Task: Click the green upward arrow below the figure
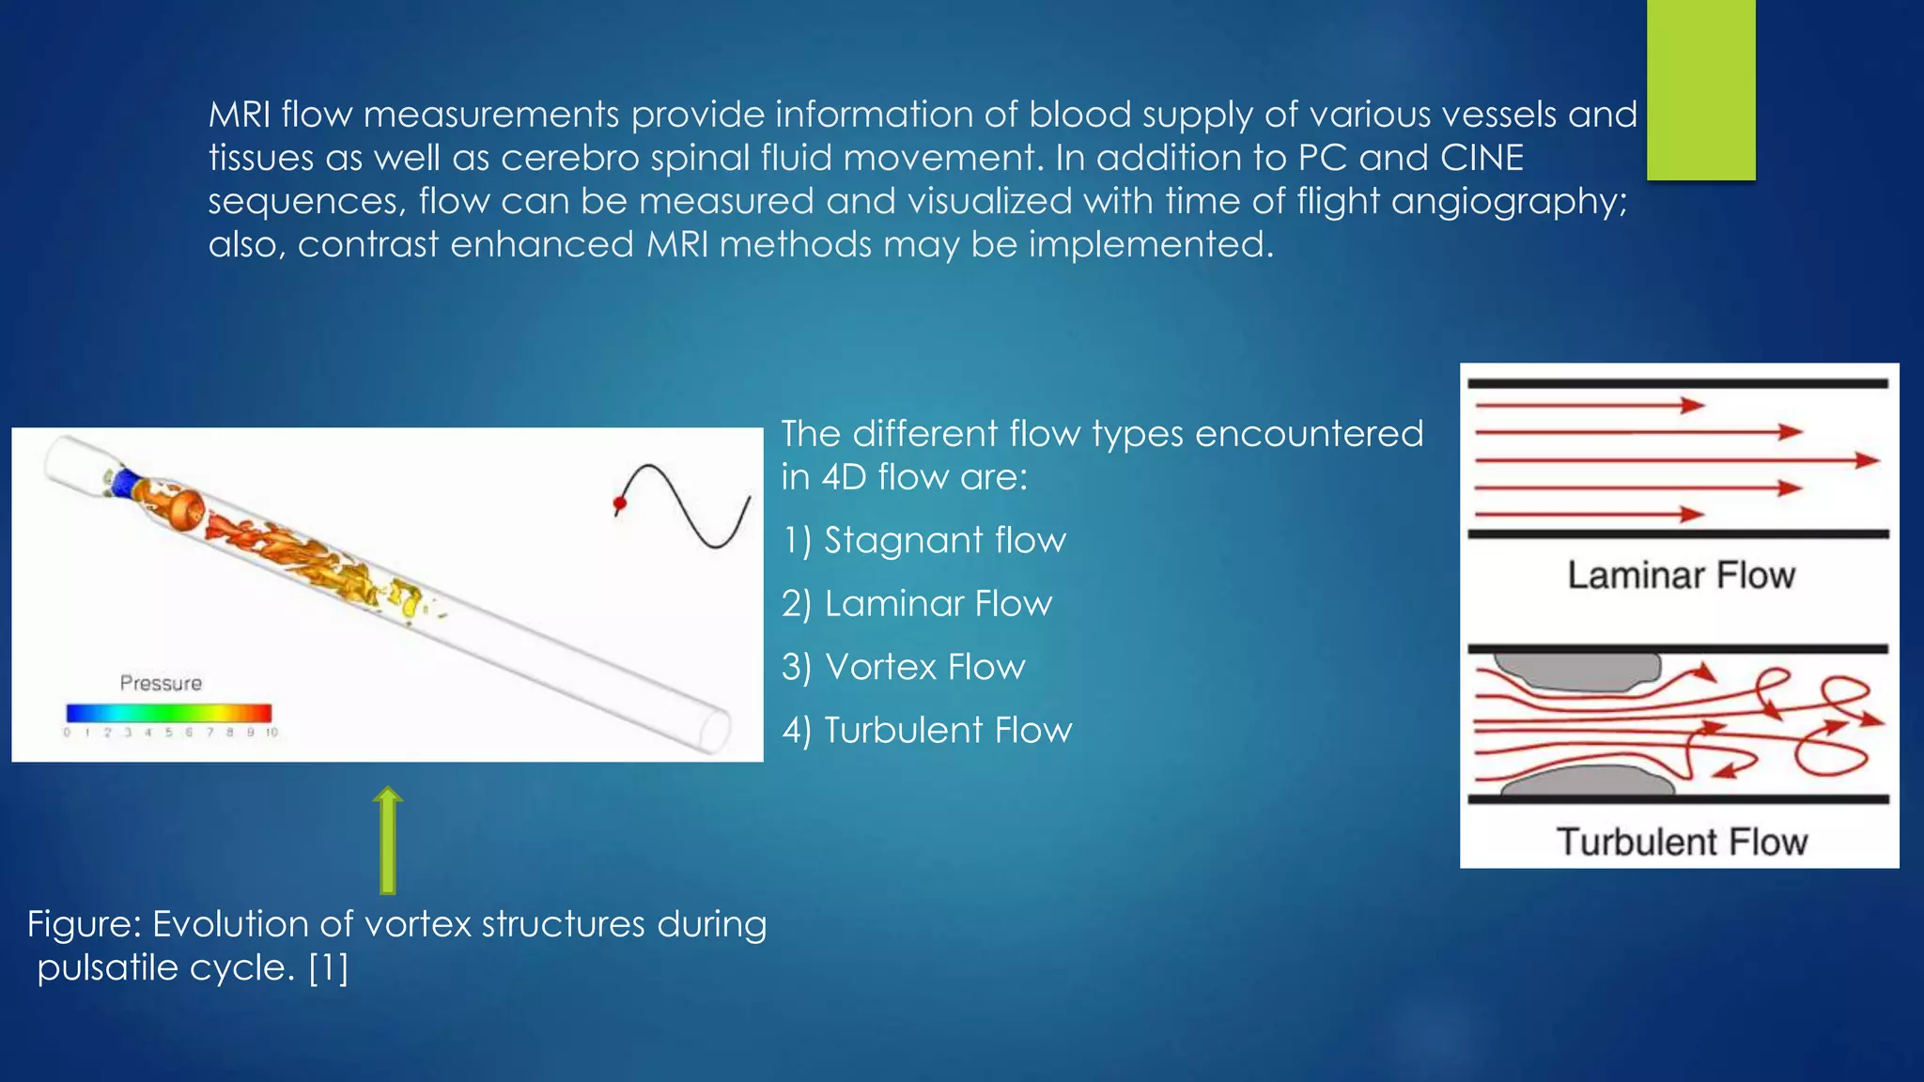387,841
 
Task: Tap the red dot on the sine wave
620,503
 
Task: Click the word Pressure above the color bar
161,683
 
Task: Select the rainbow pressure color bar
169,713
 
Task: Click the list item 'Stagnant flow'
924,540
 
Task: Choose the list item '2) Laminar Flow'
917,604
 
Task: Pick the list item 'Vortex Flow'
904,667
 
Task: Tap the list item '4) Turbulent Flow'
926,730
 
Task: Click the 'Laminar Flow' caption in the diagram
1681,575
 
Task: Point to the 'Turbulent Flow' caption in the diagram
1682,842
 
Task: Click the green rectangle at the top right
1700,89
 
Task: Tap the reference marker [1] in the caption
329,967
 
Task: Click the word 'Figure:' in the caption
85,924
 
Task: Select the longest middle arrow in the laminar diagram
1677,460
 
